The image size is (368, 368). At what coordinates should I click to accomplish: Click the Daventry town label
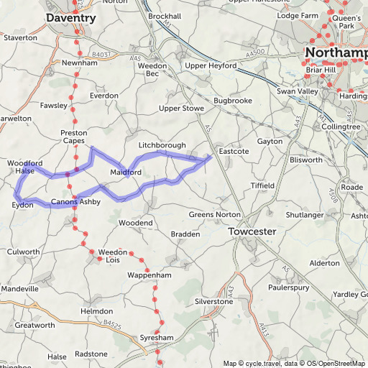click(x=70, y=17)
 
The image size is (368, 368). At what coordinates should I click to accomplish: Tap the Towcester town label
click(x=252, y=232)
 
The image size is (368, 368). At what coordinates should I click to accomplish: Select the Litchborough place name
click(x=162, y=145)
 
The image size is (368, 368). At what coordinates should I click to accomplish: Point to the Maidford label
click(x=125, y=172)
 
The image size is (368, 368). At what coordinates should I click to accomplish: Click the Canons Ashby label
click(x=75, y=202)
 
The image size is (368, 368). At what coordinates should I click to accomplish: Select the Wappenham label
click(x=149, y=275)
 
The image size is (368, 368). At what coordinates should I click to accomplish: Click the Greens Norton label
click(x=211, y=214)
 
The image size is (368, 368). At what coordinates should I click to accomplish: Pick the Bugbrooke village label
click(x=231, y=101)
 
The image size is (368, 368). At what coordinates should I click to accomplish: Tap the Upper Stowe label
click(x=181, y=109)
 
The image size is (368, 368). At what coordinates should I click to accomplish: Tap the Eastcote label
click(x=234, y=152)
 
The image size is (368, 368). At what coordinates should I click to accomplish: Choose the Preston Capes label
click(x=74, y=137)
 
